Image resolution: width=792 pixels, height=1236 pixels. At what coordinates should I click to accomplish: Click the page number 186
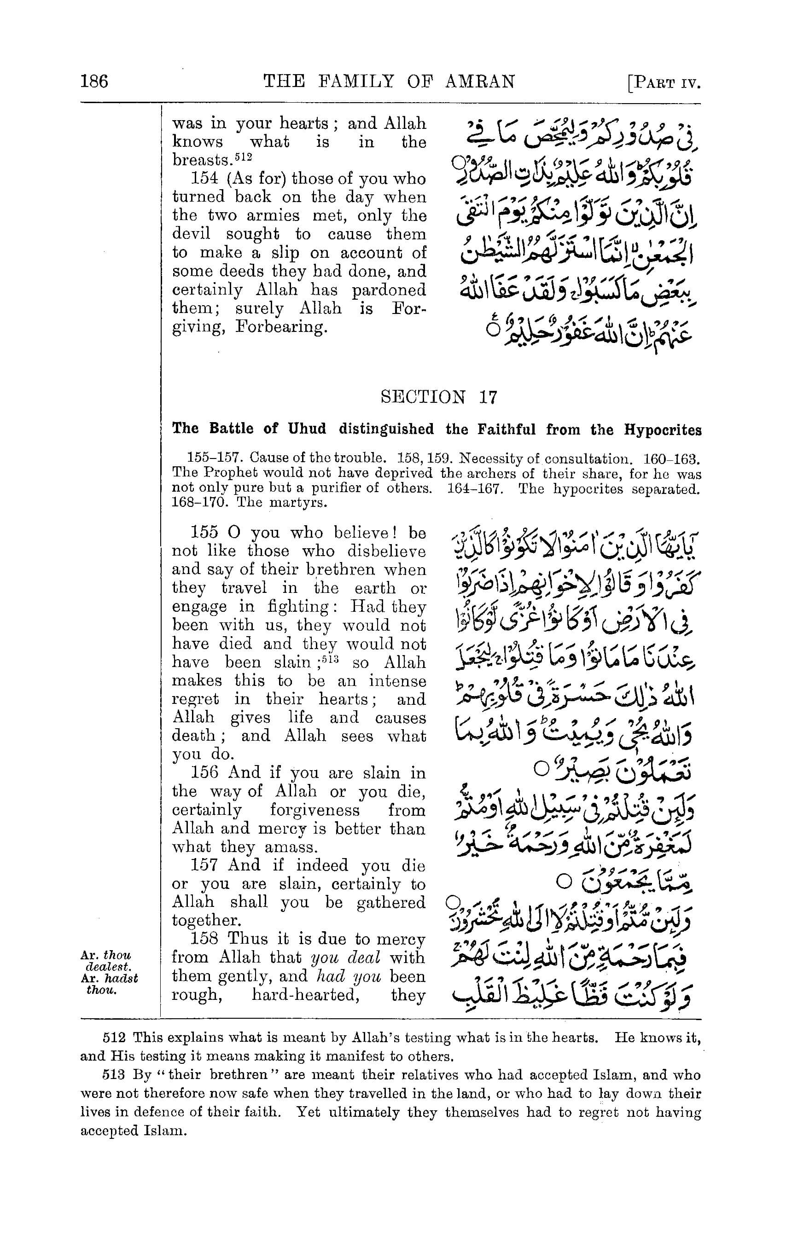[94, 82]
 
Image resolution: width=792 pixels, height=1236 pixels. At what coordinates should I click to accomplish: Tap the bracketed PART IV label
[665, 83]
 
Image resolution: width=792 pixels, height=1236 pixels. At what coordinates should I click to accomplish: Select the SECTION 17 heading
[439, 397]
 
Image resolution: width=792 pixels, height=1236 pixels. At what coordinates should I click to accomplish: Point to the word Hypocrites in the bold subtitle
[663, 430]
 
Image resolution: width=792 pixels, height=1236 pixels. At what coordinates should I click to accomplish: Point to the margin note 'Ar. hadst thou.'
[109, 984]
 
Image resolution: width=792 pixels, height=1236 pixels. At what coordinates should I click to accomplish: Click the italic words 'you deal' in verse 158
[346, 958]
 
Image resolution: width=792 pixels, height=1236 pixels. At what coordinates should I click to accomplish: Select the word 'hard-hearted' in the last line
[304, 995]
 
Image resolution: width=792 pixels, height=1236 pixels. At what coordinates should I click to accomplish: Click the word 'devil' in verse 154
[191, 234]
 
